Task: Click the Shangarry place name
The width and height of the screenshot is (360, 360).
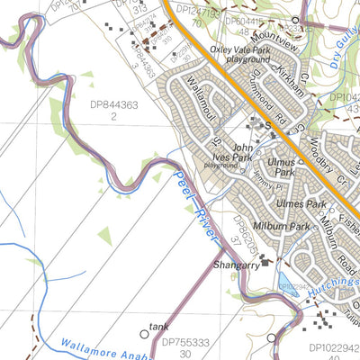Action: pos(237,266)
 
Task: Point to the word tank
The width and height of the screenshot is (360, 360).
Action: pos(159,328)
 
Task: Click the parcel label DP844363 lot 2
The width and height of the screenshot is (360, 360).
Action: pos(113,110)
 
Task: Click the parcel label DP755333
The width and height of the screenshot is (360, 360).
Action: pos(185,343)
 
